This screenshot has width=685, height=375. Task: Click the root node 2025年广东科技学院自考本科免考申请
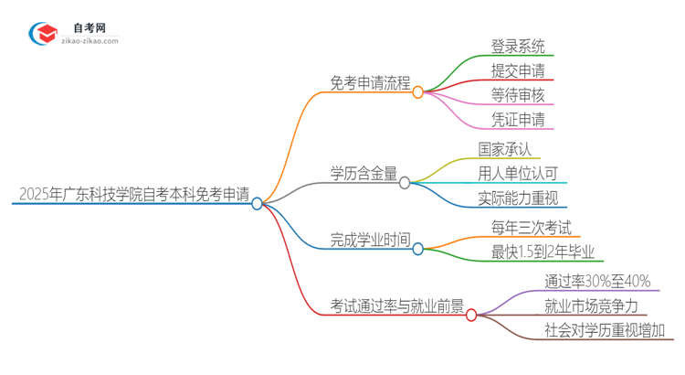(132, 194)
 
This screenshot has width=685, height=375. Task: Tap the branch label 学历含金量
(363, 172)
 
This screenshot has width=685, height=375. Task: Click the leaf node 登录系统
(517, 45)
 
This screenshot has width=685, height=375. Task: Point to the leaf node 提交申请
(517, 70)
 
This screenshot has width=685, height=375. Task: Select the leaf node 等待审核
(517, 94)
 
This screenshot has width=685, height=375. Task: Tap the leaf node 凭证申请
(517, 119)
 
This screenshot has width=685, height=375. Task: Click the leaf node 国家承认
(504, 148)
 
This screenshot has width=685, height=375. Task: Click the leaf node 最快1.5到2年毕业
(543, 252)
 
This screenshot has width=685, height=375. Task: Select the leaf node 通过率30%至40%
(597, 281)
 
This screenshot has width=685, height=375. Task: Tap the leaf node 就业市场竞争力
(590, 305)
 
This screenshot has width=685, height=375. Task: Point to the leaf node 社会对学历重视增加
(605, 330)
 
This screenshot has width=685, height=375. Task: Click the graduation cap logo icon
(43, 35)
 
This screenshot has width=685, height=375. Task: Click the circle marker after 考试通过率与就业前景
(471, 315)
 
